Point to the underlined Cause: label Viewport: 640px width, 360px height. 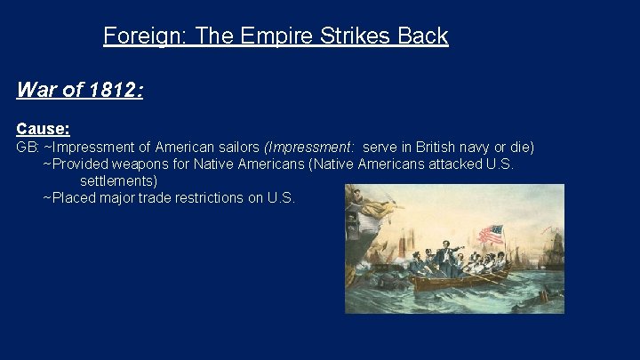pyautogui.click(x=43, y=129)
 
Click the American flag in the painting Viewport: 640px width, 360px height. pyautogui.click(x=491, y=235)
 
